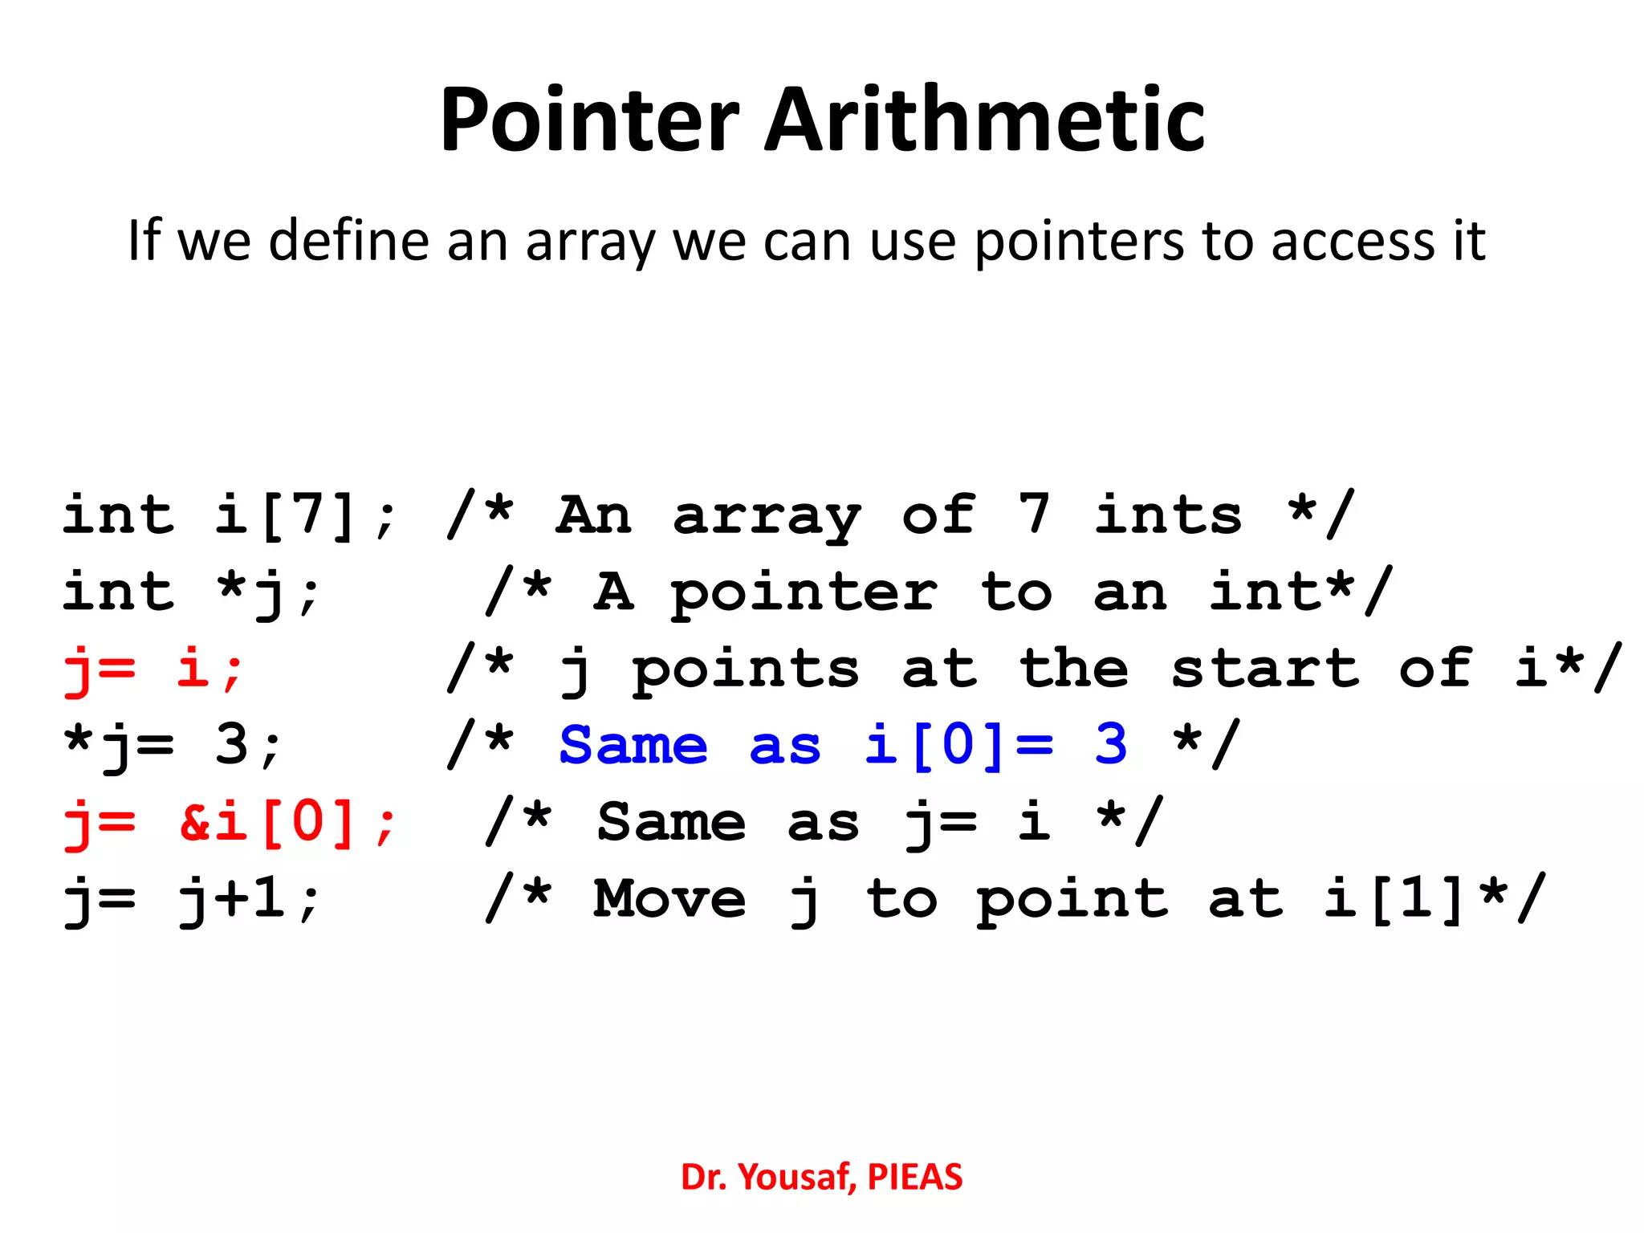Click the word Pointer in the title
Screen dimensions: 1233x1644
(589, 120)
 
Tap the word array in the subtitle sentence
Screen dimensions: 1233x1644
(590, 241)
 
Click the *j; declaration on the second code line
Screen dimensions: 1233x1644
(269, 592)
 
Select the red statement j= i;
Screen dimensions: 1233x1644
(153, 669)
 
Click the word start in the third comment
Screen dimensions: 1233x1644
(1264, 669)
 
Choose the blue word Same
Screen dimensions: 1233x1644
(633, 745)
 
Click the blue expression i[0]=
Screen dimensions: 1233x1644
(959, 745)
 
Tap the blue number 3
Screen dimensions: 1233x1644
(1111, 745)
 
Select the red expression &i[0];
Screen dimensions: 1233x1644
(288, 822)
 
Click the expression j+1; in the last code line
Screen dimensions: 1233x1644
(249, 899)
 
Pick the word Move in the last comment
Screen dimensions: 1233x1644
(670, 899)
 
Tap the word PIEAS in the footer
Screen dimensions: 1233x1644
(914, 1177)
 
